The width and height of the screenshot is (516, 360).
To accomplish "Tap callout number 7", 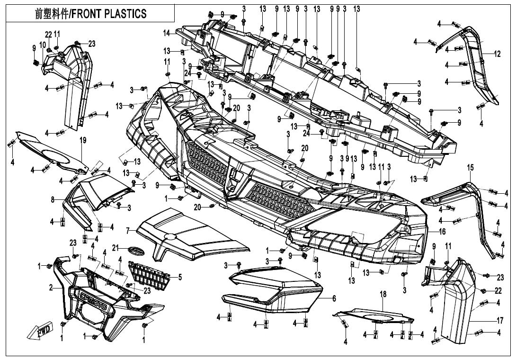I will (127, 231).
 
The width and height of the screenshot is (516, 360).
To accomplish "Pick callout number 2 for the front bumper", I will (51, 288).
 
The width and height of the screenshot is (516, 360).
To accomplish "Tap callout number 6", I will (334, 298).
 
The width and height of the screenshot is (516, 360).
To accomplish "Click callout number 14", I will (166, 33).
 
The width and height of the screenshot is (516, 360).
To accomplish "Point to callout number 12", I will (497, 54).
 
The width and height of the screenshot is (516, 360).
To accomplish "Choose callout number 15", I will (470, 168).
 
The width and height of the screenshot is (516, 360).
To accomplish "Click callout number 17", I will (500, 321).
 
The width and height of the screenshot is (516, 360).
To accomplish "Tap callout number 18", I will (383, 295).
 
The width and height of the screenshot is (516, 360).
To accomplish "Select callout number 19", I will (83, 140).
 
